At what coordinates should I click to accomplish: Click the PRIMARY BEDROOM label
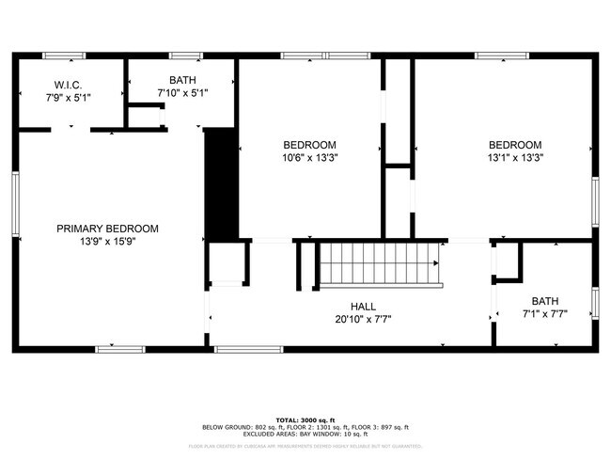point(107,229)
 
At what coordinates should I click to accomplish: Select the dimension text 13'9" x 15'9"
point(107,242)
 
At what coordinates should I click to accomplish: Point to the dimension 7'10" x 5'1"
point(182,93)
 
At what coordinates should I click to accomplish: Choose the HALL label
point(363,307)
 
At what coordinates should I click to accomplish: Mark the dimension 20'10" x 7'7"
point(363,319)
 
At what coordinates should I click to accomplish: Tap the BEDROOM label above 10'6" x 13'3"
point(309,145)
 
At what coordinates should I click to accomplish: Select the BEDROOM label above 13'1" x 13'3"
point(514,145)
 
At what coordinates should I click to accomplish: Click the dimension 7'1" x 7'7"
point(544,314)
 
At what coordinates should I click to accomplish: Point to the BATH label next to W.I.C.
point(182,81)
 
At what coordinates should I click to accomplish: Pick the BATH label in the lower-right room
point(544,301)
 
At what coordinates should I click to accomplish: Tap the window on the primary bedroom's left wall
point(15,204)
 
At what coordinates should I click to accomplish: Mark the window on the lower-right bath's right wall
point(594,303)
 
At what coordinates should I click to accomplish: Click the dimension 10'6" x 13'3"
point(309,158)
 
